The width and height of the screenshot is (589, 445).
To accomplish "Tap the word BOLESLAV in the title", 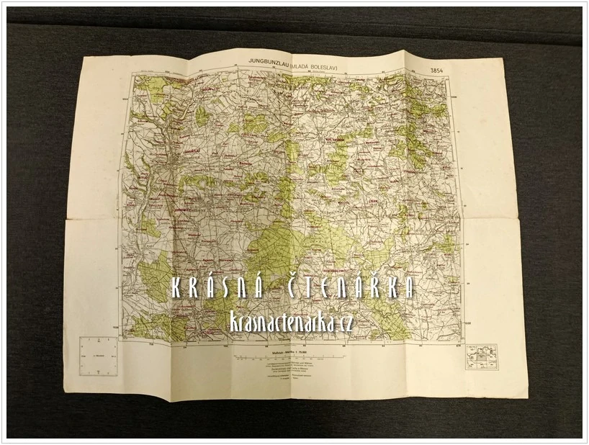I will click(x=333, y=67).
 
